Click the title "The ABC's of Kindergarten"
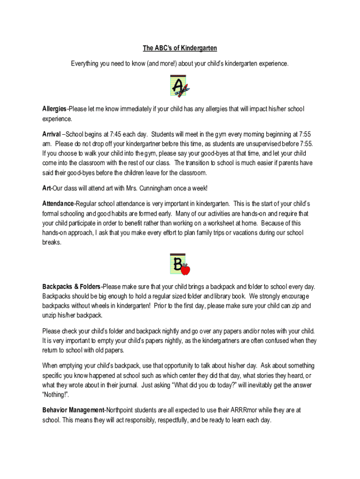click(x=180, y=48)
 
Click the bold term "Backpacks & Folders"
click(x=72, y=286)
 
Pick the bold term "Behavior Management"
click(x=73, y=410)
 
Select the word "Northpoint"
click(x=122, y=410)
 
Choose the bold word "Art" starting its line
click(x=46, y=188)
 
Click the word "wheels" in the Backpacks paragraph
click(x=104, y=305)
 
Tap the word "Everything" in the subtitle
click(x=85, y=63)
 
